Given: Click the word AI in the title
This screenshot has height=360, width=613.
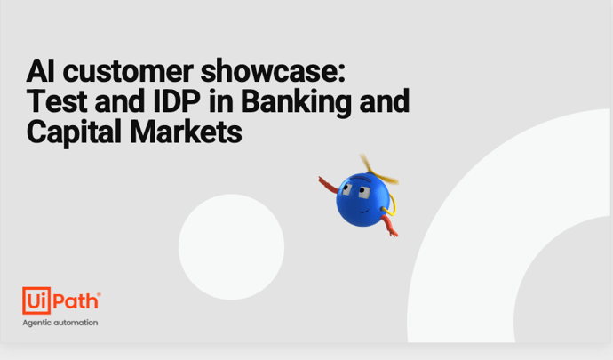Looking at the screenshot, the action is [x=40, y=71].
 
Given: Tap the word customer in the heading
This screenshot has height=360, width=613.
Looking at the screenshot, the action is [x=128, y=72].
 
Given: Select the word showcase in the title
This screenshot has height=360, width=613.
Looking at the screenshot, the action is [x=271, y=71].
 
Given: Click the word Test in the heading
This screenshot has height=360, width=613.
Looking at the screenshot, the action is [x=57, y=101].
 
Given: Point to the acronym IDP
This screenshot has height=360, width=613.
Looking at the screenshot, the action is [x=177, y=101].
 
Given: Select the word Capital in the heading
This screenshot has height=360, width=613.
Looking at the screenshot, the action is [x=74, y=132].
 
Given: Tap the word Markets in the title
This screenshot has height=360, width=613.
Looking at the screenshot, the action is [x=186, y=132].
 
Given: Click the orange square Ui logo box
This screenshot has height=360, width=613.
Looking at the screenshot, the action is [x=36, y=300].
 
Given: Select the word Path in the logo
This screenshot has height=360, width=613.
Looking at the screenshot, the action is [x=75, y=301].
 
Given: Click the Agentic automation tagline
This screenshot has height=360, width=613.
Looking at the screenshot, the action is [x=60, y=323].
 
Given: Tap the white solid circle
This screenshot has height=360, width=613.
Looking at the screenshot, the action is [x=232, y=247].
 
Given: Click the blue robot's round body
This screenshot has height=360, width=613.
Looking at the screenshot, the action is [x=362, y=200].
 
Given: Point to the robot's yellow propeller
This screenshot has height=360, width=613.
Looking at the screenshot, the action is [x=377, y=170].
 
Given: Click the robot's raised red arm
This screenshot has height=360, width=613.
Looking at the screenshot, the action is [x=328, y=186].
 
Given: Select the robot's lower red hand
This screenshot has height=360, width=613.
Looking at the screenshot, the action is [x=393, y=233].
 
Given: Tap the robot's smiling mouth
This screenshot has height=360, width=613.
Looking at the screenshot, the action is [x=364, y=212].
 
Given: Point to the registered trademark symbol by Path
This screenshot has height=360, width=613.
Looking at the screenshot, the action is [x=99, y=294].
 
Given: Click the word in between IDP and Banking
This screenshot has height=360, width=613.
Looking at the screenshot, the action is [x=221, y=101].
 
